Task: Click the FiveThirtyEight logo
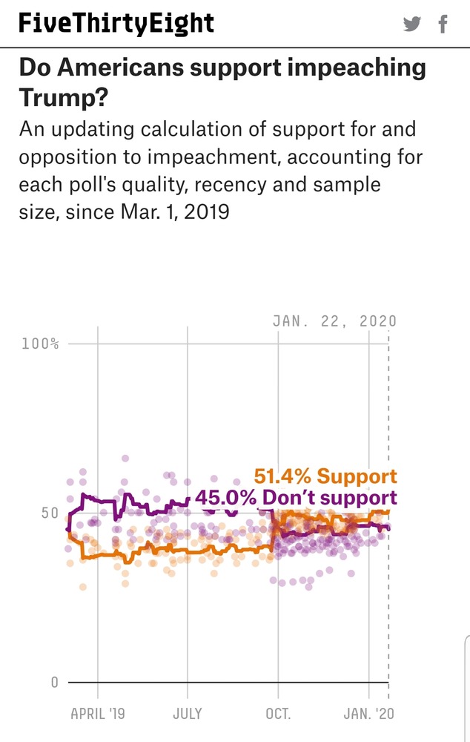(116, 24)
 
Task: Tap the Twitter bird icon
(412, 24)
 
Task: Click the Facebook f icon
(443, 24)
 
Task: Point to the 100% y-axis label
(44, 344)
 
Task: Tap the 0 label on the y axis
(54, 682)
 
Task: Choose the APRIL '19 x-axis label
(98, 714)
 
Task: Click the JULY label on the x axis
(187, 714)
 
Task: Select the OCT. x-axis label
(278, 714)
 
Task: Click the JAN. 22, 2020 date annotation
(334, 321)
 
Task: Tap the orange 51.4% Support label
(325, 476)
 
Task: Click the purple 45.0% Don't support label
(296, 498)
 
